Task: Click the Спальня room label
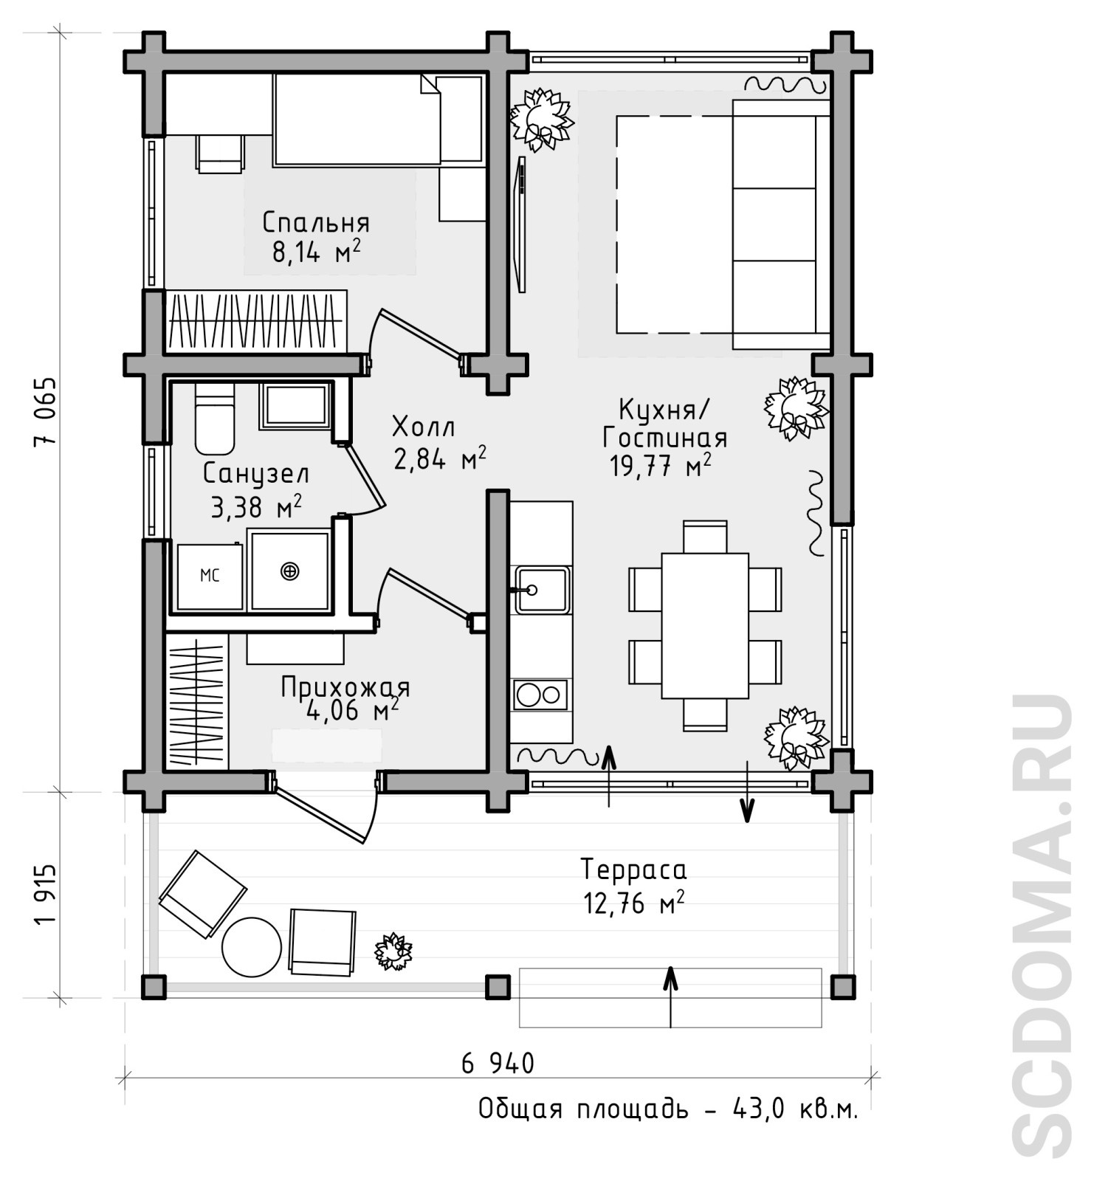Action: (316, 222)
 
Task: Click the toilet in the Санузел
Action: (214, 418)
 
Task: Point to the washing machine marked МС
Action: (210, 576)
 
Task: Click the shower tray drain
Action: (290, 571)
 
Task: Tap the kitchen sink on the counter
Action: (542, 590)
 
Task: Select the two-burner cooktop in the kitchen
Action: (540, 695)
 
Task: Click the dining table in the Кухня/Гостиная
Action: (705, 625)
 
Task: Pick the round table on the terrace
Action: (252, 947)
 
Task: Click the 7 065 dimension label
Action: (45, 410)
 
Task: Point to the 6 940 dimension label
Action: (498, 1064)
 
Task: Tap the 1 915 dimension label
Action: (45, 894)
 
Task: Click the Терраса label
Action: (633, 870)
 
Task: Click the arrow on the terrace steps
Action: (670, 996)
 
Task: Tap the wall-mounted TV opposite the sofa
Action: (522, 224)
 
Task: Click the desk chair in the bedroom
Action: (220, 154)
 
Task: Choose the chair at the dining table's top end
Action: (705, 537)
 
